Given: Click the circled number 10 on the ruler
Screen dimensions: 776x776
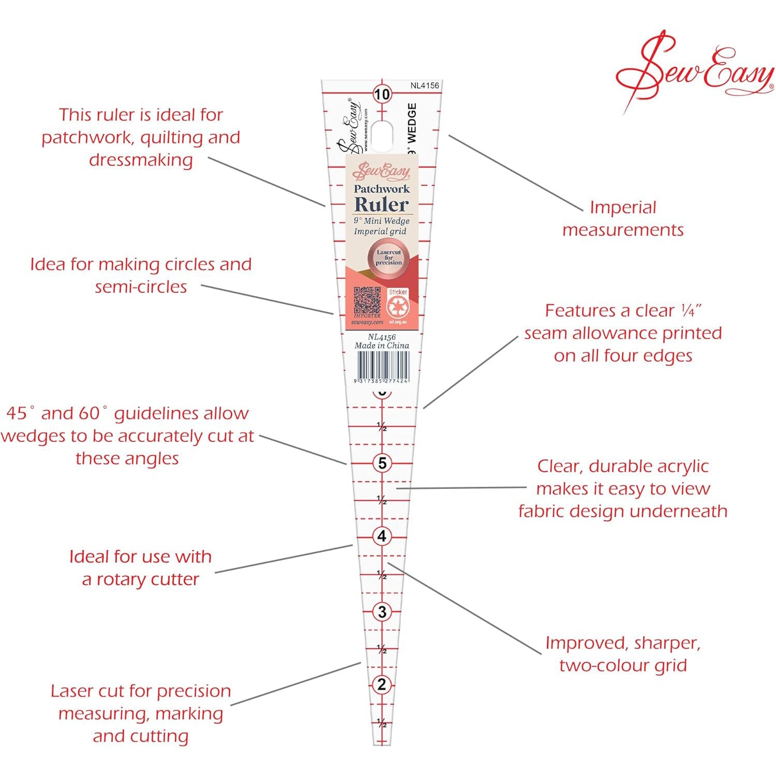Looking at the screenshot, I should coord(382,94).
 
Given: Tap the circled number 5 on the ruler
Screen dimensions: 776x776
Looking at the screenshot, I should coord(382,463).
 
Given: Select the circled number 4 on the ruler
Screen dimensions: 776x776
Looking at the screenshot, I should coord(382,536).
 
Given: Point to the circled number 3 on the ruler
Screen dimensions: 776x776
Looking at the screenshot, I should coord(382,612).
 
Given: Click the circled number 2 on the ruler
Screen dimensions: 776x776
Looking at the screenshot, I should coord(382,684).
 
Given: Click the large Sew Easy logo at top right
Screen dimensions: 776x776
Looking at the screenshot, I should coord(693,70).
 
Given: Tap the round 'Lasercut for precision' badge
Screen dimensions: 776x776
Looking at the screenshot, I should coord(389,257).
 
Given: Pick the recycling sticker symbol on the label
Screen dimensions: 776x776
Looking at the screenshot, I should coord(398,308).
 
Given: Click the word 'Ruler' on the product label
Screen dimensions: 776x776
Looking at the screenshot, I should coord(381,204).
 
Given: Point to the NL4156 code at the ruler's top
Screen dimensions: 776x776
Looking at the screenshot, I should coord(425,85).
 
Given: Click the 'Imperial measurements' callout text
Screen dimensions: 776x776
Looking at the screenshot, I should coord(623,218).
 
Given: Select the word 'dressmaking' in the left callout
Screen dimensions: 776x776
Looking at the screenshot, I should coord(141,160).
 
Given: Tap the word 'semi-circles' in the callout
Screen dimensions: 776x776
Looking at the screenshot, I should coord(141,287).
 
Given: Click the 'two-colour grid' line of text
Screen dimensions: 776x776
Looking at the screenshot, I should coord(623,665).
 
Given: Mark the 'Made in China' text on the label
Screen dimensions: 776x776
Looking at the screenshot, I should coord(382,346).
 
